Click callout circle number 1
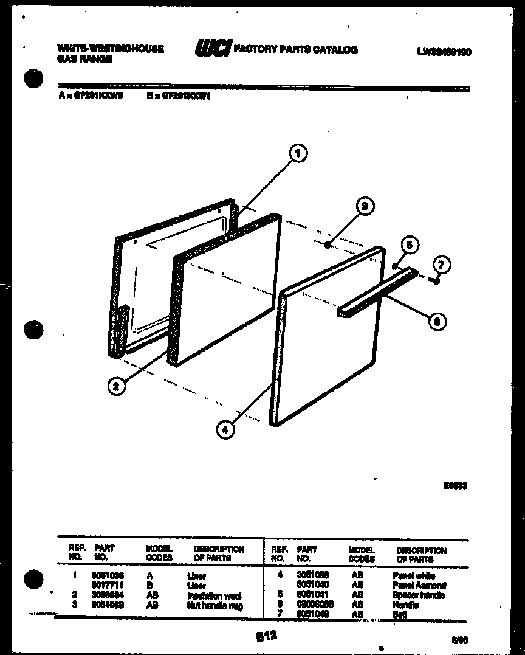click(x=298, y=154)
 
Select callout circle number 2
click(x=116, y=386)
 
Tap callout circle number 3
click(x=364, y=206)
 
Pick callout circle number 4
click(x=225, y=429)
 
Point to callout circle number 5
click(x=409, y=245)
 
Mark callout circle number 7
click(x=442, y=265)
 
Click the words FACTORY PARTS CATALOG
click(x=296, y=50)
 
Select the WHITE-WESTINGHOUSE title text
click(x=110, y=49)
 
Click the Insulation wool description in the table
click(x=214, y=595)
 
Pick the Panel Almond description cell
click(x=419, y=585)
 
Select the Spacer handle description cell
click(x=419, y=595)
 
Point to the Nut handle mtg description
click(x=213, y=605)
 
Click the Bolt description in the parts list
click(x=400, y=614)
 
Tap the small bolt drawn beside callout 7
click(x=433, y=280)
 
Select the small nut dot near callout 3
click(x=328, y=244)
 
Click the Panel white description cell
click(x=414, y=575)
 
